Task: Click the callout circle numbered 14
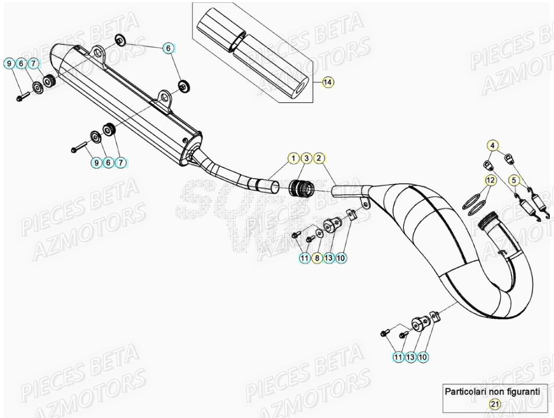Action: pos(327,82)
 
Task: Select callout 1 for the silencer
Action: pos(294,158)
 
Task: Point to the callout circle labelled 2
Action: pos(319,158)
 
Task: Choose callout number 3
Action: pos(306,158)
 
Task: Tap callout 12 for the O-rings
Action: pos(490,179)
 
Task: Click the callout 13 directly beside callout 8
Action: pos(329,258)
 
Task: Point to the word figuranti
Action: pos(521,391)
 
